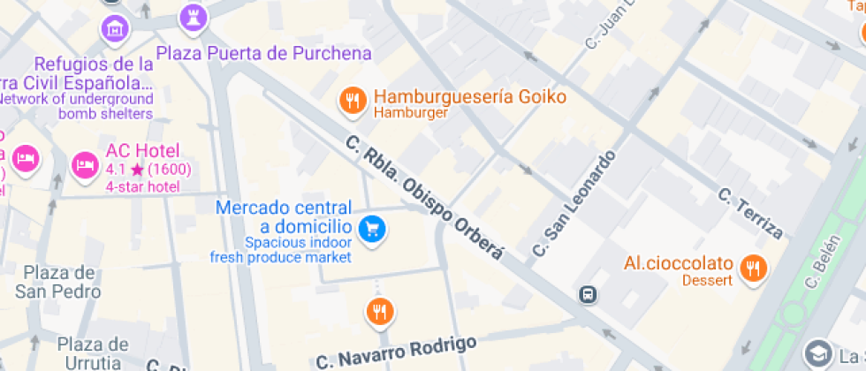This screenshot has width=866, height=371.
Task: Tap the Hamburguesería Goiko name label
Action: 469,96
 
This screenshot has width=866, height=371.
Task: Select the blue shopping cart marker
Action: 373,229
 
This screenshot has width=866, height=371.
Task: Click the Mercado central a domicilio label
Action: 284,217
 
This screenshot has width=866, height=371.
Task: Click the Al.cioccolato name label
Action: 679,263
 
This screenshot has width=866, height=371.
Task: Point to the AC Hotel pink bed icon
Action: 86,163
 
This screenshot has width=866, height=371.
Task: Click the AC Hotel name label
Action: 142,150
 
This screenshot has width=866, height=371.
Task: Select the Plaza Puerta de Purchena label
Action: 263,54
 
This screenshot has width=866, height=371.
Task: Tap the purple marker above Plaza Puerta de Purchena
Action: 193,15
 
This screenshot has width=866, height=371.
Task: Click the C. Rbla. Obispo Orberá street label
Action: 424,197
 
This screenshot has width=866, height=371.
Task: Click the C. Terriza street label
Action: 750,213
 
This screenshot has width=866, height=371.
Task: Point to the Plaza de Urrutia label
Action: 93,353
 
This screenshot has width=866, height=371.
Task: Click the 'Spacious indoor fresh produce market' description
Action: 281,249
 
